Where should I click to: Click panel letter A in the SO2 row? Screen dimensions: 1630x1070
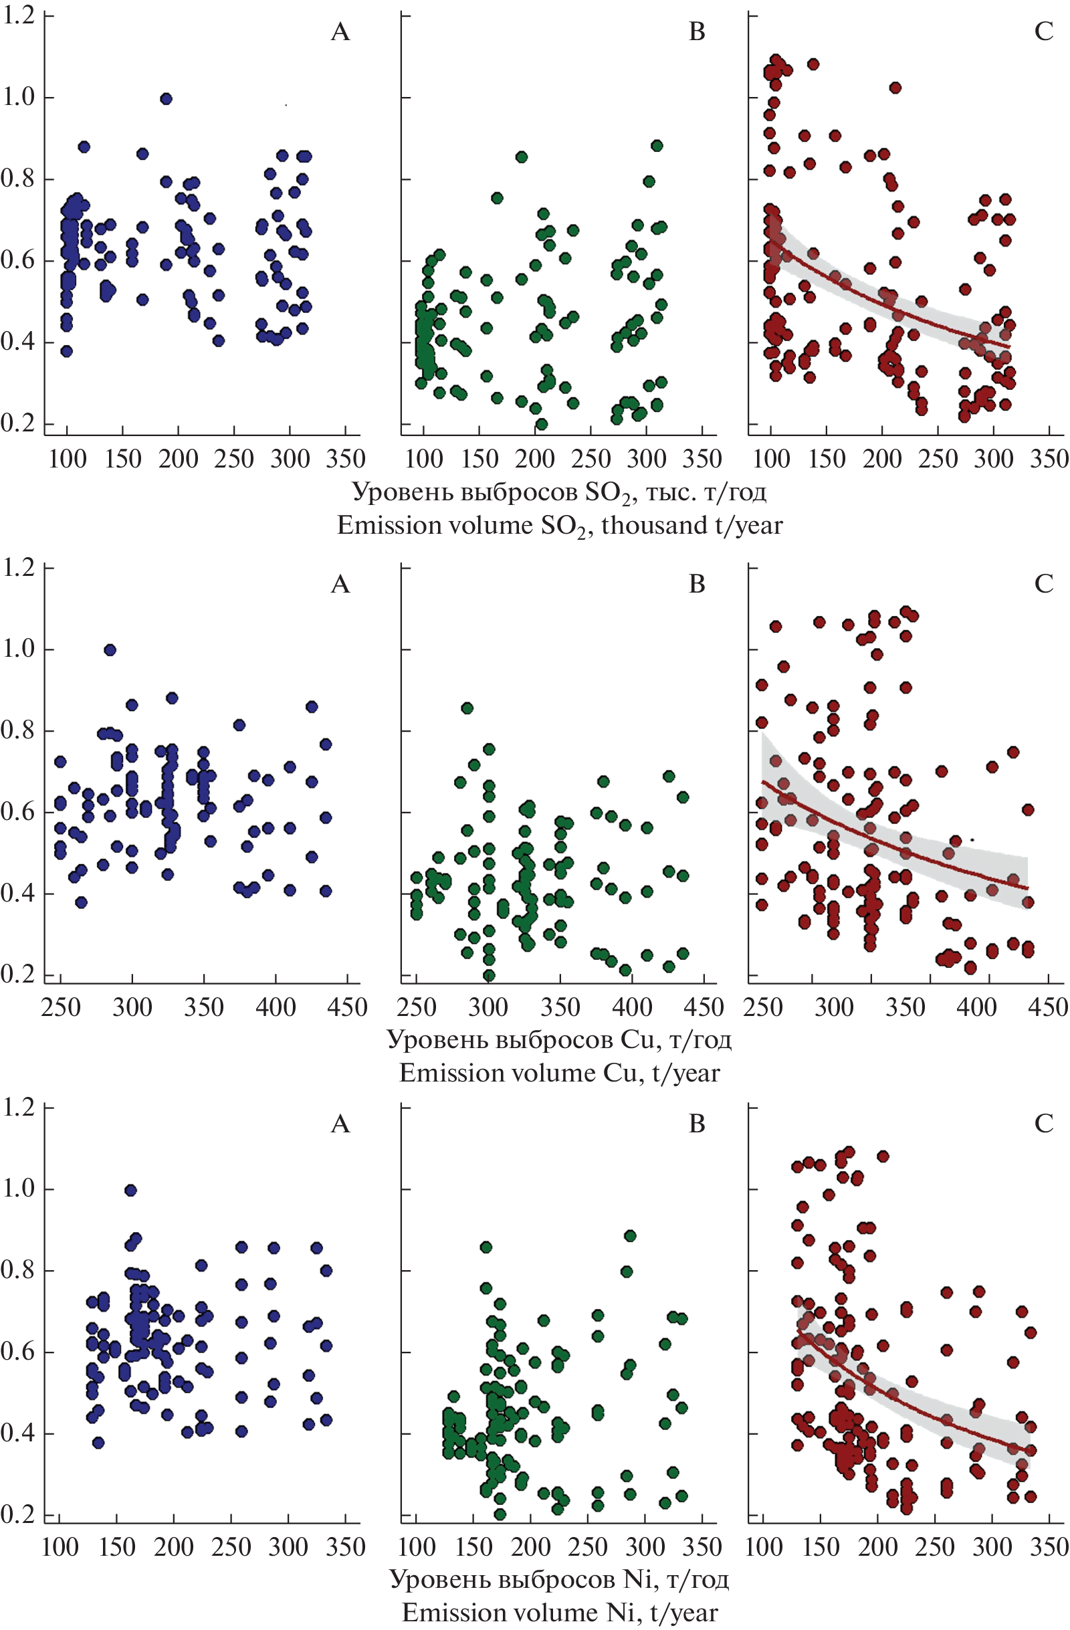(340, 32)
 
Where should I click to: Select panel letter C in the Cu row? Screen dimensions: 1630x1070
(1043, 584)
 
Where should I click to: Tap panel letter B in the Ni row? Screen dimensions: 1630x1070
(697, 1124)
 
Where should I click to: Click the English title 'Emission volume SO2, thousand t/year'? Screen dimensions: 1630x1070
(559, 526)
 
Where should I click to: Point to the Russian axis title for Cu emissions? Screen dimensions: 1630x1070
(559, 1039)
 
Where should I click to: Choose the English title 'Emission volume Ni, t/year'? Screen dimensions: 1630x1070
(559, 1612)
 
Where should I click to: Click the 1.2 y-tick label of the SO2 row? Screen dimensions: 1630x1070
(19, 15)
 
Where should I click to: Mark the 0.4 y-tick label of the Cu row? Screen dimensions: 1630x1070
(19, 894)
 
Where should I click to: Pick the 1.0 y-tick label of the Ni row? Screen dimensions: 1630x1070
(19, 1189)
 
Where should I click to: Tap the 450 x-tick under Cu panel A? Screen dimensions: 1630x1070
(347, 1007)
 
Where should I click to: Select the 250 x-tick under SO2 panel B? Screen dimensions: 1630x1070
(591, 458)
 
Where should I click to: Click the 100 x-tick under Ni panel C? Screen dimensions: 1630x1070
(763, 1546)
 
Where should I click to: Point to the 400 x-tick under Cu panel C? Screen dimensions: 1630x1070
(976, 1007)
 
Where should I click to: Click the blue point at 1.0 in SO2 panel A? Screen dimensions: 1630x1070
(166, 98)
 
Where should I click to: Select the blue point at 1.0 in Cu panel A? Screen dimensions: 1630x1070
(110, 650)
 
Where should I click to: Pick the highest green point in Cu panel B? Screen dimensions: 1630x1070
(467, 708)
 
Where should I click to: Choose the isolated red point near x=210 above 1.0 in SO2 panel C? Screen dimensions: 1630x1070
(895, 88)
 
